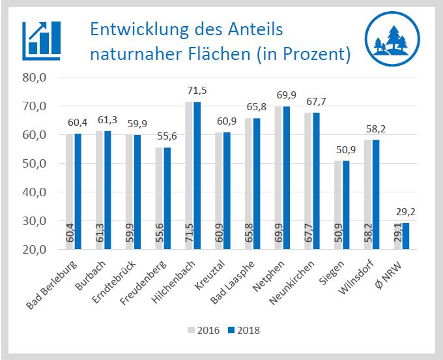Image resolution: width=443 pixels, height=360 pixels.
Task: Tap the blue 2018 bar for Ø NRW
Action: click(x=405, y=236)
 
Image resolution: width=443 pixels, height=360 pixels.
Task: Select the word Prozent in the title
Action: click(x=314, y=53)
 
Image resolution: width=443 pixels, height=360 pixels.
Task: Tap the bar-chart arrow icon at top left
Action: click(x=41, y=38)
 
